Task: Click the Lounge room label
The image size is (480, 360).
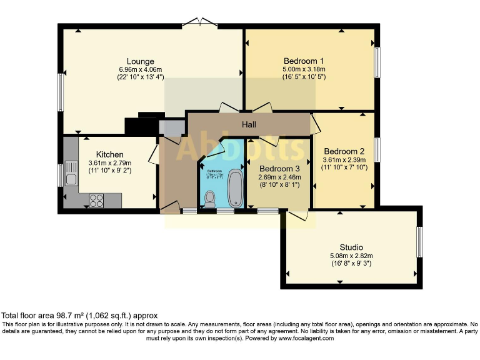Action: pos(141,61)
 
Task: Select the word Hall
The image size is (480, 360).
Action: pos(249,125)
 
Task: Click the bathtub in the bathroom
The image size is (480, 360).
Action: pos(236,188)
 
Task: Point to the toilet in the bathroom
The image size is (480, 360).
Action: pos(210,199)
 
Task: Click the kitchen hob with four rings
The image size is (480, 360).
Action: pos(97,201)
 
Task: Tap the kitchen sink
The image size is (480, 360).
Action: pos(71,180)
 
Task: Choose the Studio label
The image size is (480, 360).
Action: pos(351,247)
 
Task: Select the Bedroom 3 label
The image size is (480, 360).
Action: pos(279,169)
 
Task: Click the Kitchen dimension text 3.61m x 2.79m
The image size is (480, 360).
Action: pos(109,163)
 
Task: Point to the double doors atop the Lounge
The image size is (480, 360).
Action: pos(200,24)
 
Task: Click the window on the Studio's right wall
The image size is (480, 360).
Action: pos(419,241)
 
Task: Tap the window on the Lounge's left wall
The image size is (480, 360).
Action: pos(61,92)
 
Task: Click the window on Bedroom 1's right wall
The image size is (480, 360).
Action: pos(377,62)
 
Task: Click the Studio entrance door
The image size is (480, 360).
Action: pos(297,214)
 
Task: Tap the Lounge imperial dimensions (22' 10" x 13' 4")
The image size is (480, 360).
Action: pos(141,77)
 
